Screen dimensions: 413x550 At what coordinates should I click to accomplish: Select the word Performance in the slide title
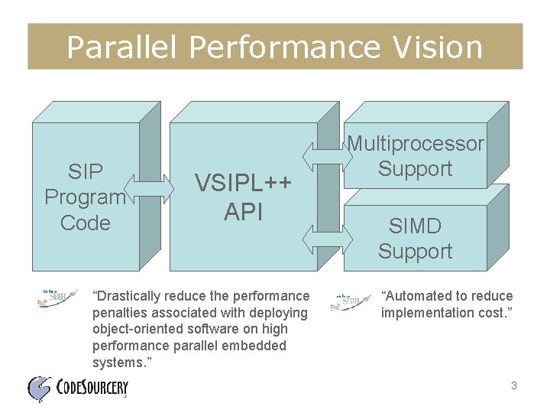[282, 47]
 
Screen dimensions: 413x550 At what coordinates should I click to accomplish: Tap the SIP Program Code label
[85, 197]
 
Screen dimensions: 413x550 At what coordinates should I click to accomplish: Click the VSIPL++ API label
[243, 197]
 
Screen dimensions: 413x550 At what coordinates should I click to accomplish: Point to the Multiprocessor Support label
[416, 156]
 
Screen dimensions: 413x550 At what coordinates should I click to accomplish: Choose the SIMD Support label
[415, 238]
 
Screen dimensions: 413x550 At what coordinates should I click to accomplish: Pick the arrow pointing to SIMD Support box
[322, 239]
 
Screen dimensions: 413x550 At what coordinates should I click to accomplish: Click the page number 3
[514, 386]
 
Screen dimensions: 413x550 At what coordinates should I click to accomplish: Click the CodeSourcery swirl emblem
[40, 389]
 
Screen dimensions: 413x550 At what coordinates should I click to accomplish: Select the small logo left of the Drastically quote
[58, 298]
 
